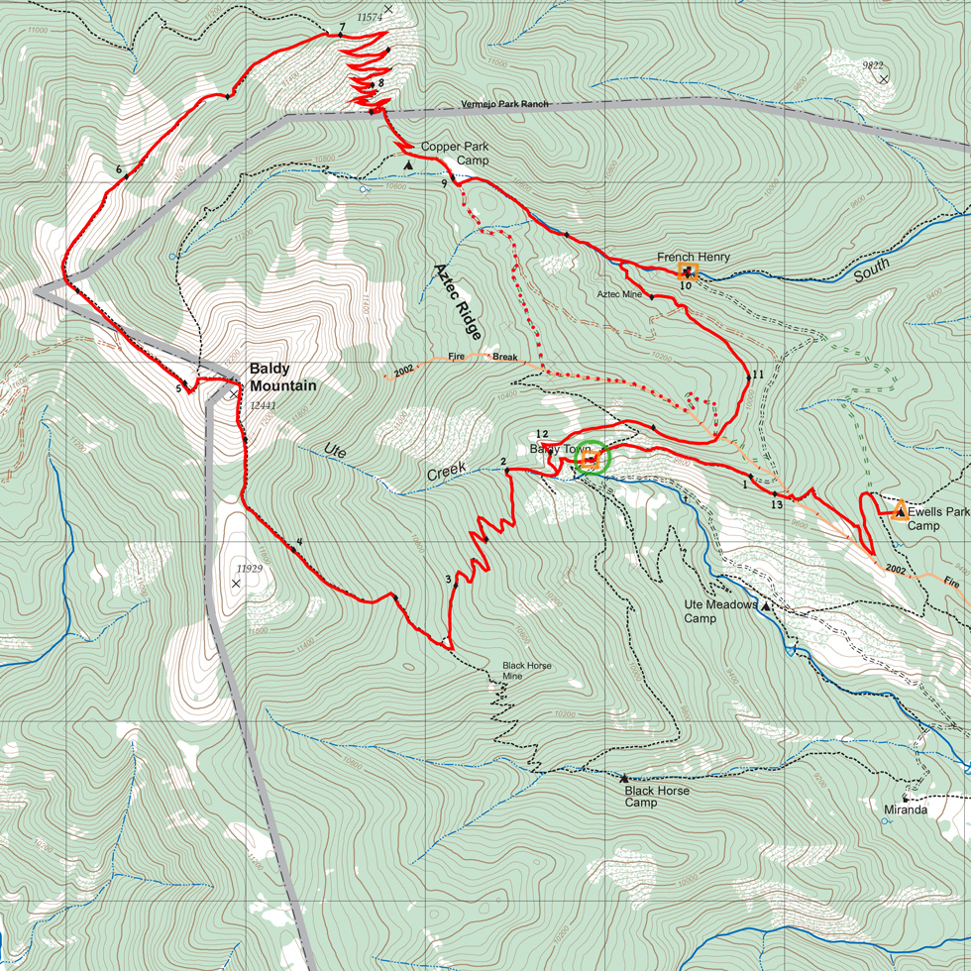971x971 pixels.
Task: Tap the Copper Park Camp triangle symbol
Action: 407,164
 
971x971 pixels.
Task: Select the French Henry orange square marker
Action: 688,271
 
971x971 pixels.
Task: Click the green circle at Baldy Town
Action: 592,458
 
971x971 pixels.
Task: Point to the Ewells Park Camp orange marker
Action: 900,511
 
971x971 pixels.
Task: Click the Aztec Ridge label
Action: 457,301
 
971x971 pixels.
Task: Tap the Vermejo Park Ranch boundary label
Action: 504,104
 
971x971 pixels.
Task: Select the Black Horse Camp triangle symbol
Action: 624,778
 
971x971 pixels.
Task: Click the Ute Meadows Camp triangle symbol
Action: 766,604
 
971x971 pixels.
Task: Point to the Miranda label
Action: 906,809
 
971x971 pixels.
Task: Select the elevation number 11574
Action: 369,18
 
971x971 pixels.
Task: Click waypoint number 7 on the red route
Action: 341,27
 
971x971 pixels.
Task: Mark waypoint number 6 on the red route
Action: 118,169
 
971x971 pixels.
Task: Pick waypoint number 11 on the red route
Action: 758,375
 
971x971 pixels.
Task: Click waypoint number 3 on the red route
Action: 448,580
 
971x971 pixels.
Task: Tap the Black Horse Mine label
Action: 526,671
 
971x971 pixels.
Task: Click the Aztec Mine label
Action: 619,294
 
